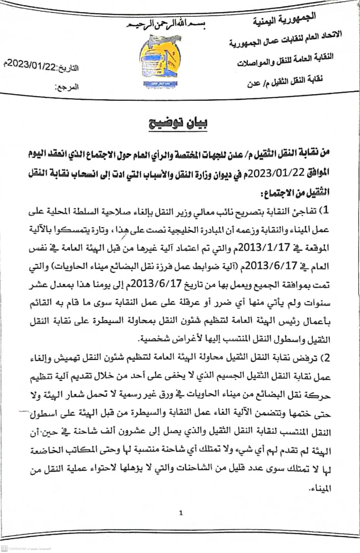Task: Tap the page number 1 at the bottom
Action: coord(181,513)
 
